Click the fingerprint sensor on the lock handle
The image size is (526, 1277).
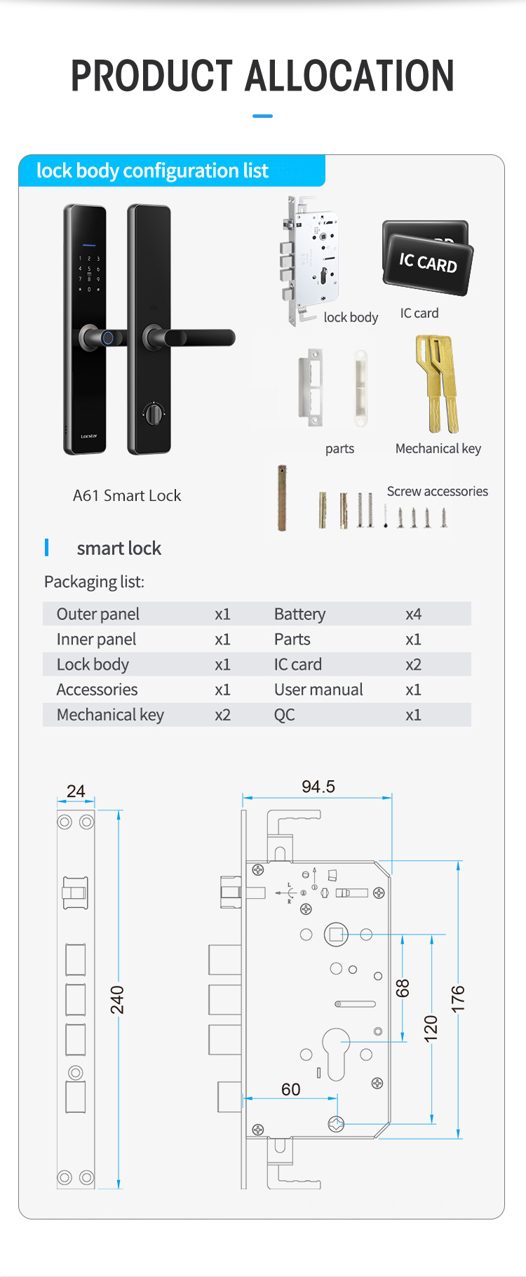(107, 337)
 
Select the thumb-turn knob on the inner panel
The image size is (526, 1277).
(151, 413)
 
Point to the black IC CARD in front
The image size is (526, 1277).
(428, 263)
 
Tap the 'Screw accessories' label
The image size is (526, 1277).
(438, 491)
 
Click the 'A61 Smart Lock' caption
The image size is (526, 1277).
(127, 495)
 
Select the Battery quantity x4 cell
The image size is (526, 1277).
(413, 614)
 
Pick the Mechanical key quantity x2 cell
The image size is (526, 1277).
(222, 715)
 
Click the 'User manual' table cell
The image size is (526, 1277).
(318, 690)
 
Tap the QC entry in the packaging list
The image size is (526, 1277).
(284, 715)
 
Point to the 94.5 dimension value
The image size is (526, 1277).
(318, 787)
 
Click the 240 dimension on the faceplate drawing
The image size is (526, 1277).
(117, 1000)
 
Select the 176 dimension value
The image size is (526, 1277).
(458, 999)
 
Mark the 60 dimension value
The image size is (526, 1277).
(290, 1089)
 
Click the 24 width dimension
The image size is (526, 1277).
(76, 791)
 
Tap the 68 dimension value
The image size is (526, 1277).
(403, 989)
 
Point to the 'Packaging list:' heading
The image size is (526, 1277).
(94, 582)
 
